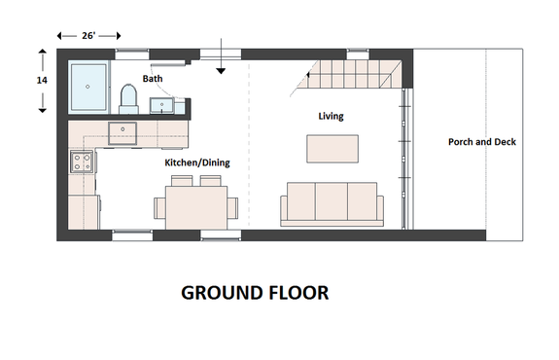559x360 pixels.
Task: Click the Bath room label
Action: click(x=153, y=78)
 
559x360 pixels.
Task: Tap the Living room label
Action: click(x=331, y=116)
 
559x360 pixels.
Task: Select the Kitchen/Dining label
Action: click(x=196, y=162)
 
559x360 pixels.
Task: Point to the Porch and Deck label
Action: click(x=481, y=142)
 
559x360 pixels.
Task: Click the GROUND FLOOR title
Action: click(x=255, y=292)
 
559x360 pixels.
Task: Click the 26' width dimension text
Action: click(x=87, y=36)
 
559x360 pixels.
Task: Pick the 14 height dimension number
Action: click(x=42, y=81)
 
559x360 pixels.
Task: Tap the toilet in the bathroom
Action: click(x=127, y=96)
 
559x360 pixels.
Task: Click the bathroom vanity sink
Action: click(x=161, y=103)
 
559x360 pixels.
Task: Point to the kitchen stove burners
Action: click(x=82, y=161)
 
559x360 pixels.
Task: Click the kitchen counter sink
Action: click(x=122, y=133)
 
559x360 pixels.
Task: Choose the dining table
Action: click(x=195, y=206)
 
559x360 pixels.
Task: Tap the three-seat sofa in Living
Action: click(x=332, y=202)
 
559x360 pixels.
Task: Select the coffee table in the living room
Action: click(x=332, y=148)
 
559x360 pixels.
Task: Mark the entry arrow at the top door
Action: click(x=222, y=58)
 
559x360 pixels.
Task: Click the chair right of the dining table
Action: click(x=232, y=206)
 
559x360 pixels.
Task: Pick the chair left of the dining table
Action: click(x=158, y=206)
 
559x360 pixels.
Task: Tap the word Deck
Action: click(x=504, y=142)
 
